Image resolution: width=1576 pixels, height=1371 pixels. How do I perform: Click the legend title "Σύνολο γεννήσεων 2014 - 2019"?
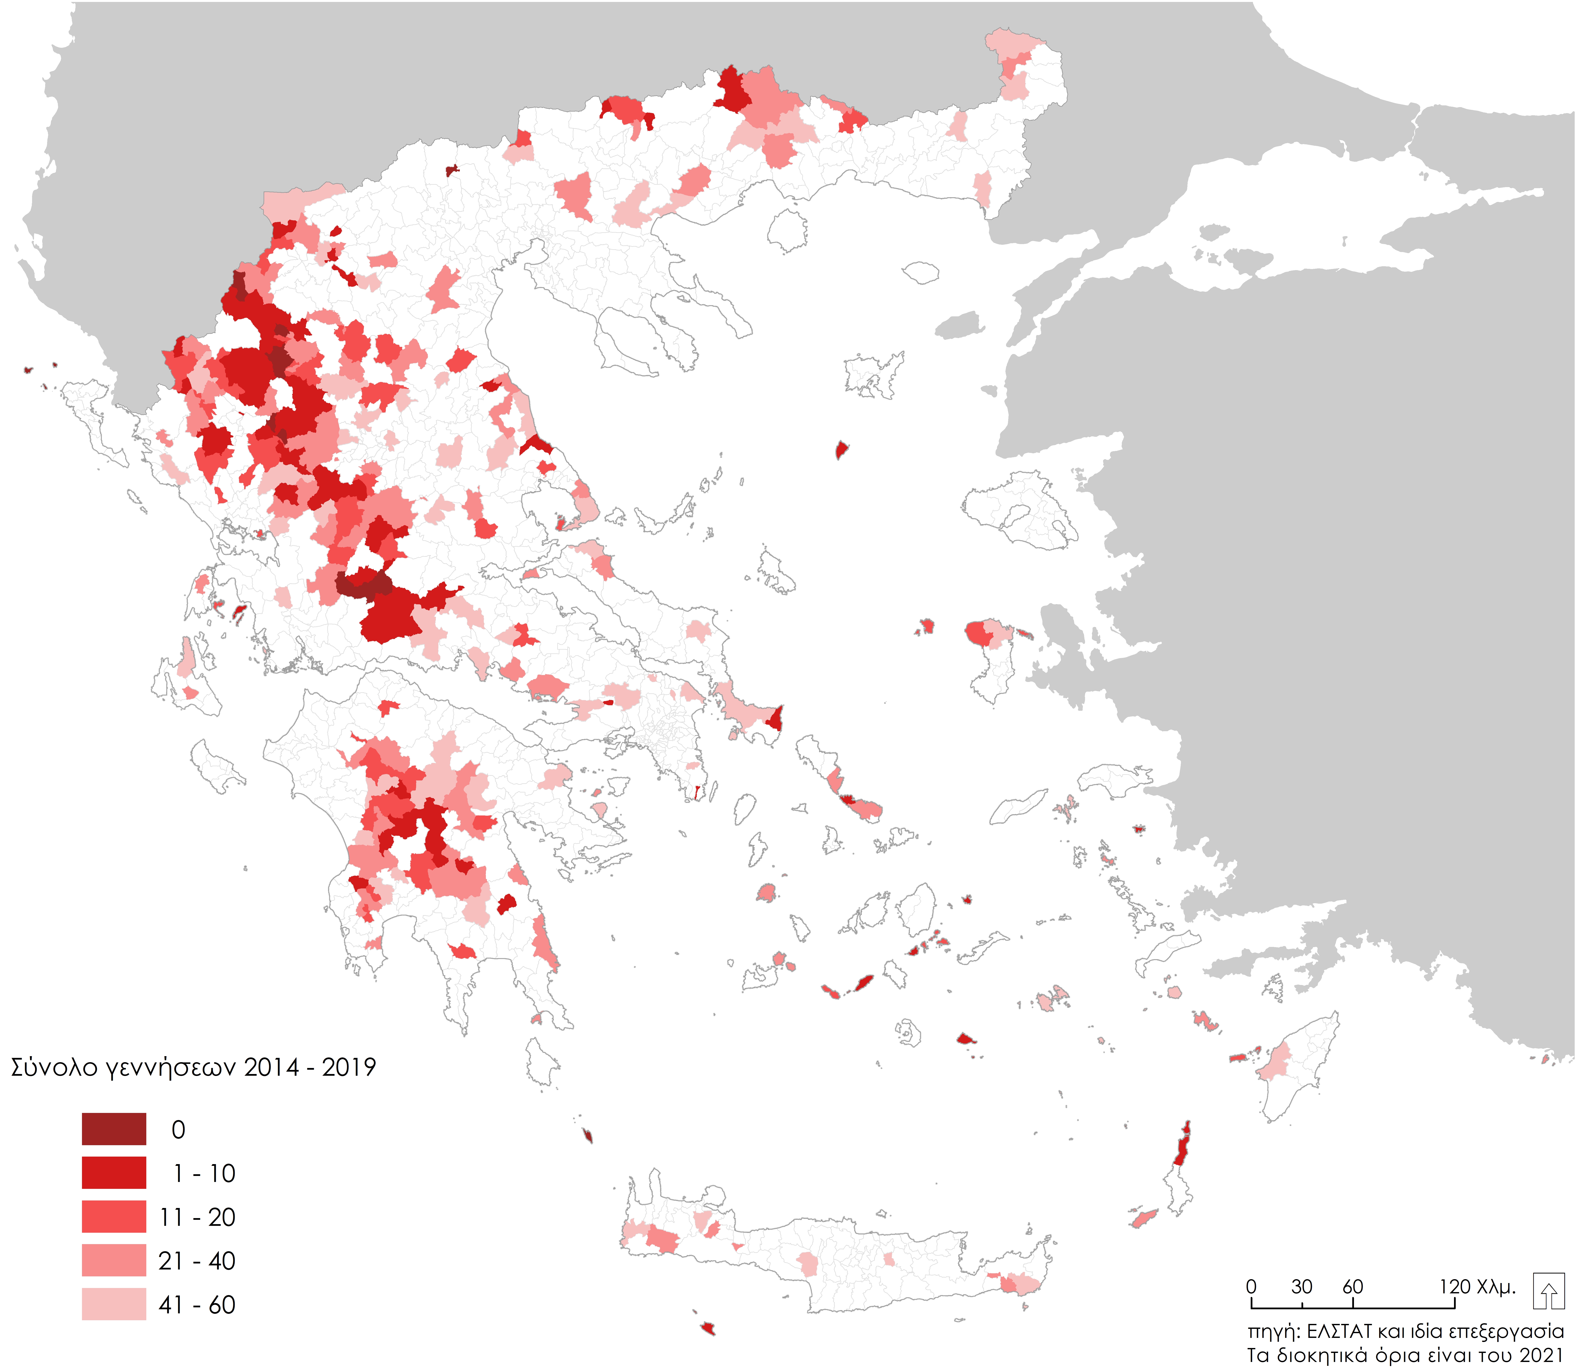click(x=193, y=1067)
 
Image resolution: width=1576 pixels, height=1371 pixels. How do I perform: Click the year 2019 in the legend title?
click(x=349, y=1067)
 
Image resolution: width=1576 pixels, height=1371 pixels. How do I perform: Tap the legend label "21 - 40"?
click(x=197, y=1261)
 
